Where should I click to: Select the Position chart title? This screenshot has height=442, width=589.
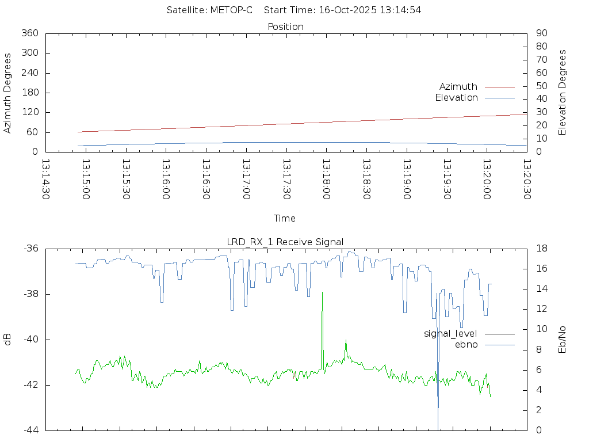(x=285, y=26)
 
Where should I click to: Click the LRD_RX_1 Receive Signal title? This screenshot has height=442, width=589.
(x=285, y=242)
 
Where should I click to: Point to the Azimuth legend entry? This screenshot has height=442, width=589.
(x=458, y=87)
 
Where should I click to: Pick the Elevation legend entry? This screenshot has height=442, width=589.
(x=456, y=98)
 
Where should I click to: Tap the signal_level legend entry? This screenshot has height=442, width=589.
(x=450, y=334)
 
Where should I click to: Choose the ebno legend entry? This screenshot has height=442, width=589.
(x=466, y=345)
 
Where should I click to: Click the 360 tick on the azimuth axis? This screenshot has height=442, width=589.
(x=29, y=33)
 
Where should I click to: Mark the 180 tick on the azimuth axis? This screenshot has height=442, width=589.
(x=29, y=93)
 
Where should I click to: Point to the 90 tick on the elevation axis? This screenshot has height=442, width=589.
(x=541, y=33)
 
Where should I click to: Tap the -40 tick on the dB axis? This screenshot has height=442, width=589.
(x=29, y=340)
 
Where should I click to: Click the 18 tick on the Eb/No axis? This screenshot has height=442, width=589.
(x=541, y=249)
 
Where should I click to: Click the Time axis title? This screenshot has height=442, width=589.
(x=285, y=219)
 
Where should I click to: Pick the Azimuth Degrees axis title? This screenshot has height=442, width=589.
(x=7, y=93)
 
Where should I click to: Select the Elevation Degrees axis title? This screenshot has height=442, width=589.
(x=563, y=93)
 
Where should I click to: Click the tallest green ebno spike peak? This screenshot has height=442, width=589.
(x=322, y=292)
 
